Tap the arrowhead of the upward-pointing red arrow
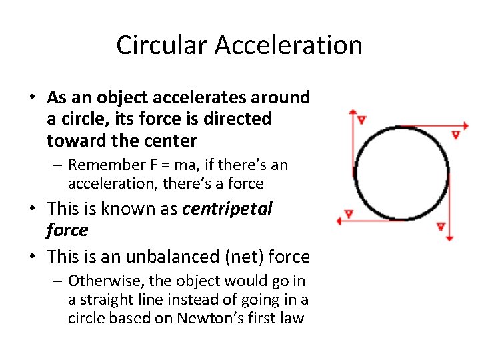pos(353,113)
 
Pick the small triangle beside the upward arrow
pos(361,120)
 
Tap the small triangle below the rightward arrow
pos(455,134)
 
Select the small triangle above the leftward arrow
pos(347,215)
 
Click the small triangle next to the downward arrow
pos(441,227)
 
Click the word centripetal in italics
pos(227,209)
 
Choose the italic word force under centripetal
pos(67,230)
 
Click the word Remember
pos(103,165)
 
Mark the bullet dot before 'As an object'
pos(31,98)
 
